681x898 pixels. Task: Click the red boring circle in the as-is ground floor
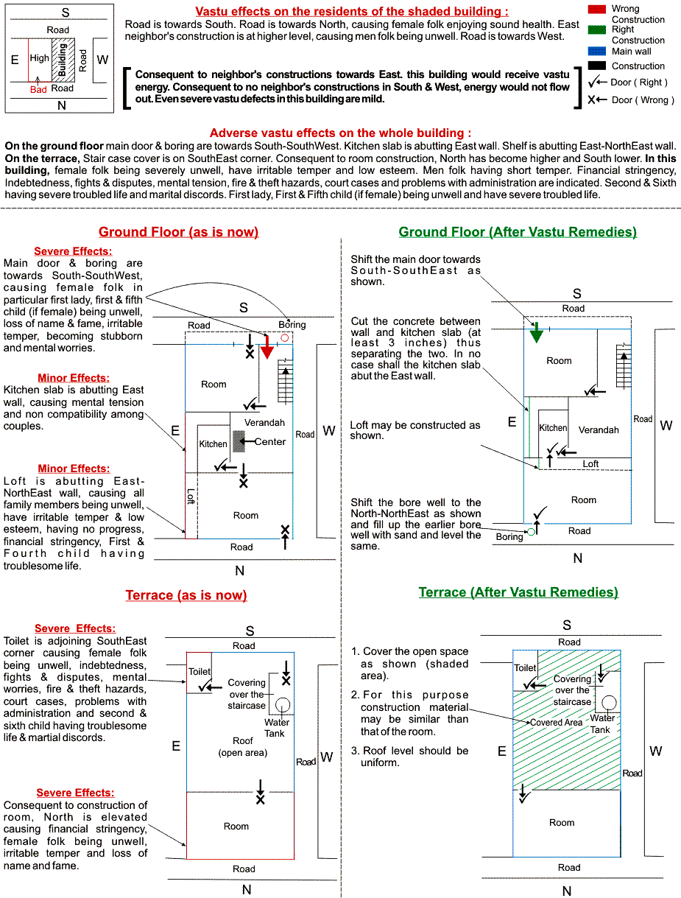coord(285,337)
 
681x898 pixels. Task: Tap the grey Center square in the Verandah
coord(239,441)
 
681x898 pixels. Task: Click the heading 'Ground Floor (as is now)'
coord(178,232)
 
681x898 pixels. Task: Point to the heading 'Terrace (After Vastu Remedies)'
coord(518,592)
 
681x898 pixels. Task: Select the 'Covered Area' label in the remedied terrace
coord(556,723)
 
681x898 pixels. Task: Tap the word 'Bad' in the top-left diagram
coord(38,89)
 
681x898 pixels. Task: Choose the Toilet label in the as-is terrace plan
coord(200,672)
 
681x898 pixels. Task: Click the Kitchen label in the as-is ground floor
coord(214,444)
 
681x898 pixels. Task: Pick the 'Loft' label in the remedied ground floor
coord(591,464)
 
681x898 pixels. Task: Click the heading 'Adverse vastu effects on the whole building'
coord(340,133)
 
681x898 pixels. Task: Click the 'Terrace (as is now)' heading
coord(186,595)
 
